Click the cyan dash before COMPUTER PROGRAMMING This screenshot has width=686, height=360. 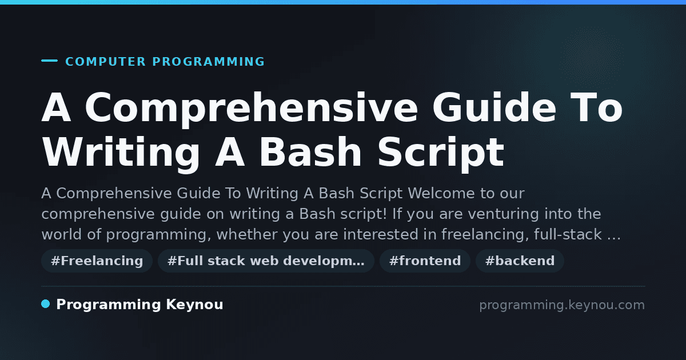pos(49,61)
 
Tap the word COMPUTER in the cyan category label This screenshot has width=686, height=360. pos(106,62)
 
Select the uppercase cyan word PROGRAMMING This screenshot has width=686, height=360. pos(209,62)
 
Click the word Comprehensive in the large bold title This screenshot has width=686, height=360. pos(252,109)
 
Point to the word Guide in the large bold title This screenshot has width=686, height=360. pos(494,107)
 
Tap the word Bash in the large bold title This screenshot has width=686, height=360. pos(310,152)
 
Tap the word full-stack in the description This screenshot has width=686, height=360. pos(568,234)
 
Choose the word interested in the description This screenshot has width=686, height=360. pos(381,234)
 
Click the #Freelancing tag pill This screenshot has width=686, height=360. pos(97,261)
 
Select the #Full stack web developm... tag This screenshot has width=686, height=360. pos(266,261)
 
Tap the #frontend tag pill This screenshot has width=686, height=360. pos(425,261)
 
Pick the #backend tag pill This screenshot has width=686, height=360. pos(520,261)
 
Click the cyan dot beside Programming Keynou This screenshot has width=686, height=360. pos(45,304)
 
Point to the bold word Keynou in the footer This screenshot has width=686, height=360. pos(194,305)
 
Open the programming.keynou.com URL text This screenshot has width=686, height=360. pos(562,305)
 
